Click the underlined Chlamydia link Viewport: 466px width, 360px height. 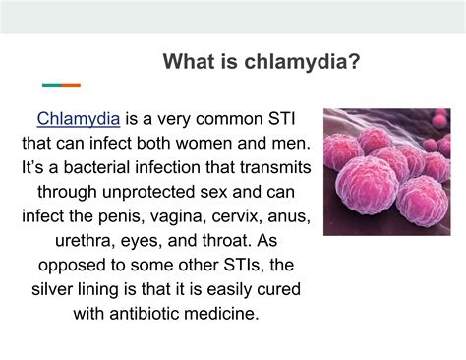click(79, 120)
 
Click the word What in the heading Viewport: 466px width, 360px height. click(188, 63)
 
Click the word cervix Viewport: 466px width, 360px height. click(251, 215)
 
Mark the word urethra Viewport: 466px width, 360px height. click(80, 240)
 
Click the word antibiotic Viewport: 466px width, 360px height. click(145, 312)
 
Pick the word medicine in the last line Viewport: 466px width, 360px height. click(230, 312)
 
